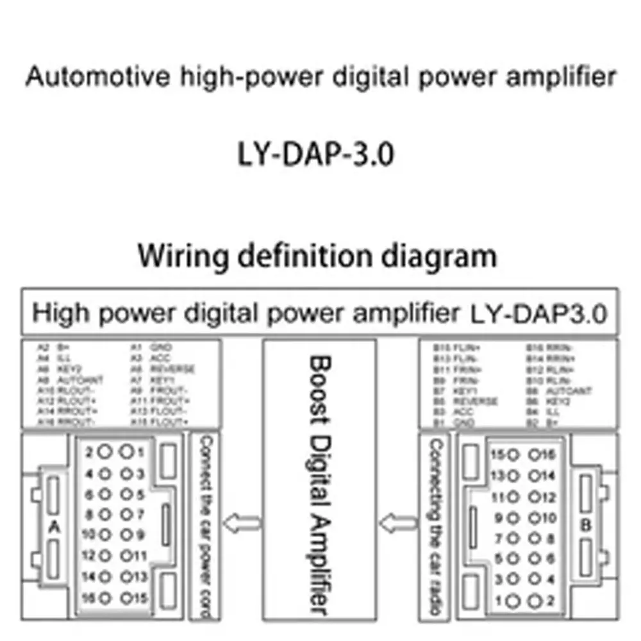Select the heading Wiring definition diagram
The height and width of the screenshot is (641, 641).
pos(317,255)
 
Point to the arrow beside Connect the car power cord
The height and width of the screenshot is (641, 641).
pos(245,523)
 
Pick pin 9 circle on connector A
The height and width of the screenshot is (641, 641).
pos(128,534)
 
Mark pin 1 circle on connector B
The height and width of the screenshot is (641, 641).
pos(513,602)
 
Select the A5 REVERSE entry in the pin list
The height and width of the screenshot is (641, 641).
pos(163,369)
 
